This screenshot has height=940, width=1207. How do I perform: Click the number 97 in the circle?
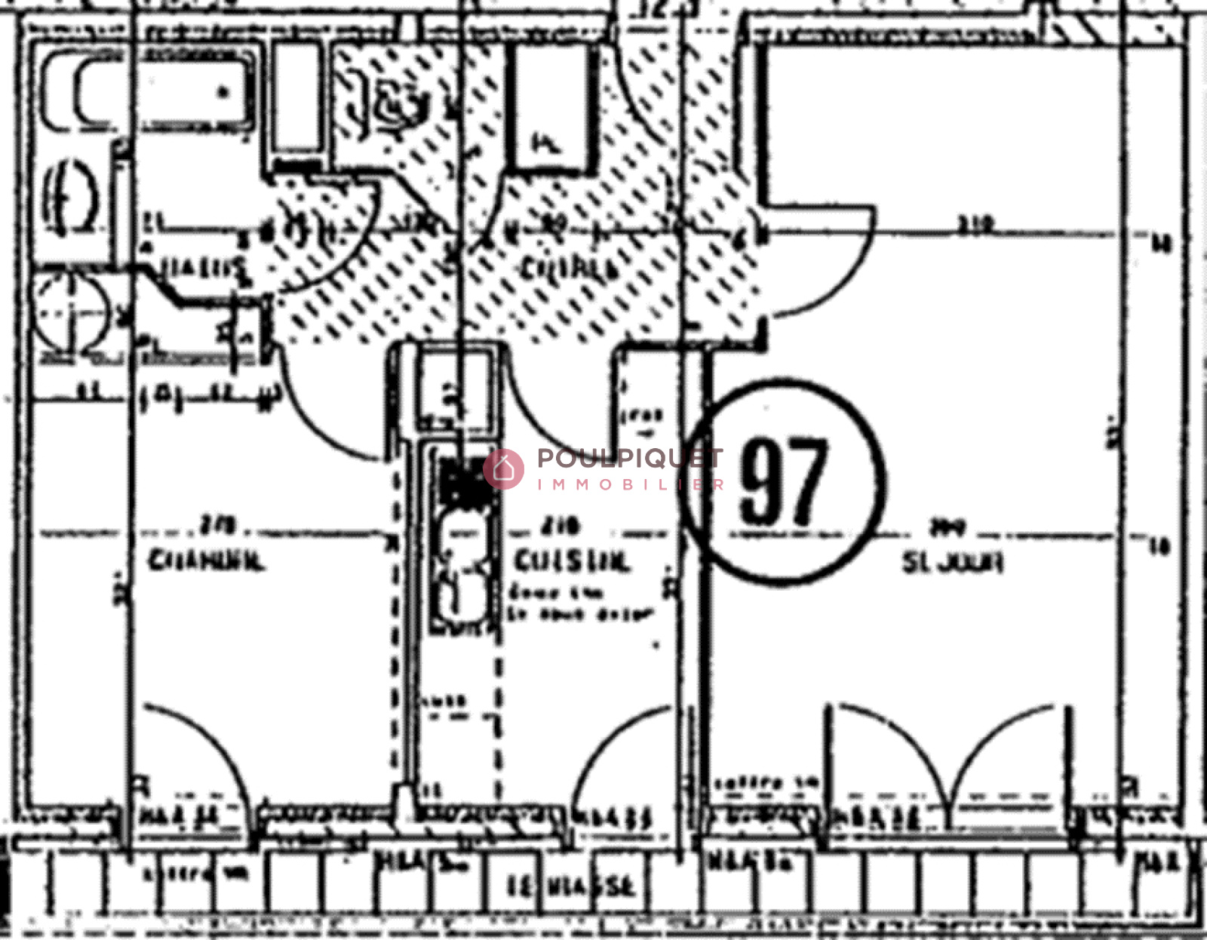pos(783,481)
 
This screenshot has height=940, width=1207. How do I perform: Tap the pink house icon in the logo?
pos(503,469)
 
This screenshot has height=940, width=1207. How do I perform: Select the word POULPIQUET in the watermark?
pos(630,458)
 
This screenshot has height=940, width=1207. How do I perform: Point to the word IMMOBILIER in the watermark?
pos(630,484)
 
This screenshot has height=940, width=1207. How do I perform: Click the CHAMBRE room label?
pos(205,561)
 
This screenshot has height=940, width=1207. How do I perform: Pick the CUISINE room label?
pos(570,561)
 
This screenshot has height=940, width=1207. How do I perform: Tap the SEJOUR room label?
pos(952,562)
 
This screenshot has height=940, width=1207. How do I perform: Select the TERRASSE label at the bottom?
pos(570,886)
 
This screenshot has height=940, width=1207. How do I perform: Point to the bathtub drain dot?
pos(223,92)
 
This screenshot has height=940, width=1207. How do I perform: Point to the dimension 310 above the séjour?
pos(976,224)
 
